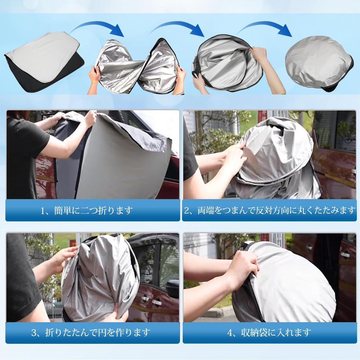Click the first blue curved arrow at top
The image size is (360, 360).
[x=97, y=27]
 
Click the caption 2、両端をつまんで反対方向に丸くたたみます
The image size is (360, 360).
[x=270, y=211]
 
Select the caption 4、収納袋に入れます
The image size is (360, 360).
[x=270, y=332]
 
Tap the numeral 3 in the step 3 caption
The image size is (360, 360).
[x=34, y=332]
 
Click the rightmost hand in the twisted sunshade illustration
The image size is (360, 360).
[x=180, y=76]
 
